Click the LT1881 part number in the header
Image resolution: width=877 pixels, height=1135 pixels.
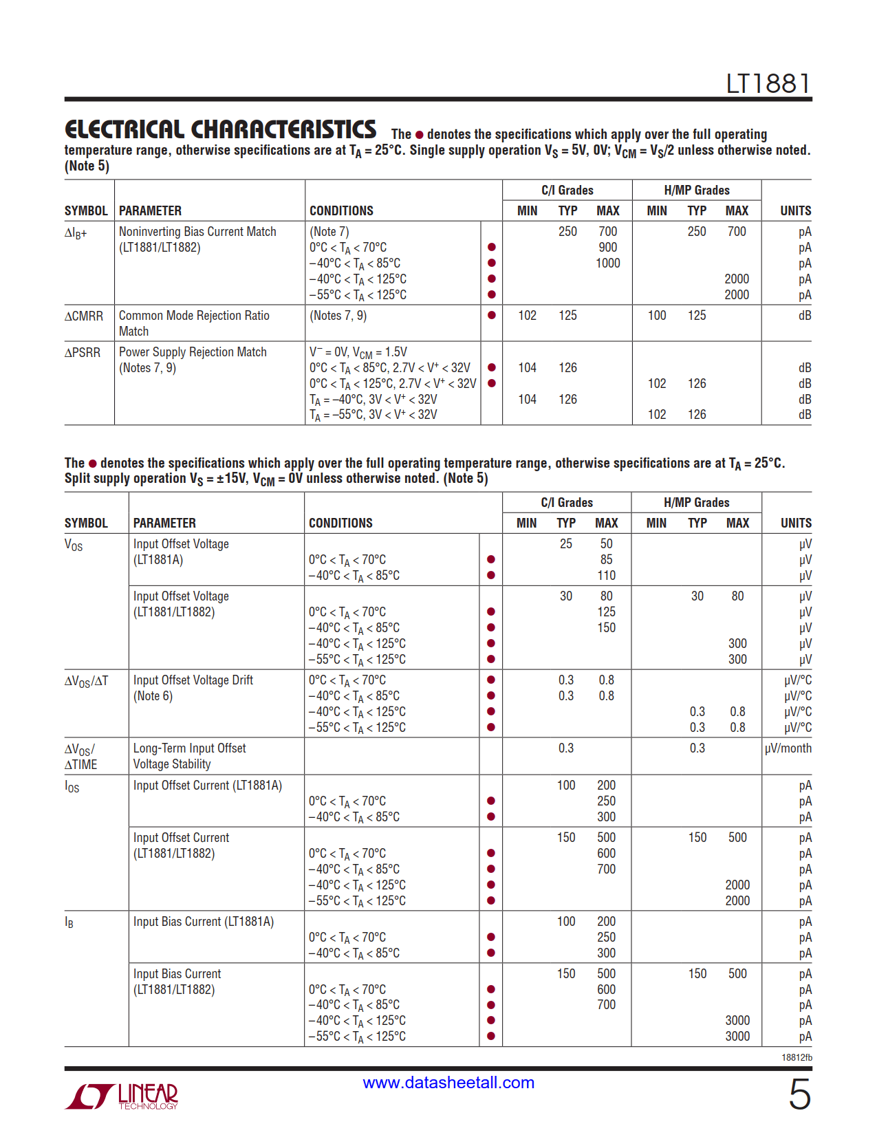coord(768,84)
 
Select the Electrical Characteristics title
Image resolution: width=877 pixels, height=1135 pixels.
coord(220,129)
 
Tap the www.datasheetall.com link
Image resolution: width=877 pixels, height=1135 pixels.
coord(448,1082)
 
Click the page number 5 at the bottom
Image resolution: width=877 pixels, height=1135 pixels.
coord(799,1094)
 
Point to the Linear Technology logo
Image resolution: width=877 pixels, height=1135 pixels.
coord(122,1096)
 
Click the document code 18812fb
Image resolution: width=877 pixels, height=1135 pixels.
coord(797,1057)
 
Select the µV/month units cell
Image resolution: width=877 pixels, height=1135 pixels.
coord(788,748)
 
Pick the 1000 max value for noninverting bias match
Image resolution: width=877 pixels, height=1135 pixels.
coord(607,263)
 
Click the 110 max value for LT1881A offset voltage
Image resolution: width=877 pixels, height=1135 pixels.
coord(606,576)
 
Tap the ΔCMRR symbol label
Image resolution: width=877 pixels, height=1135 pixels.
coord(84,316)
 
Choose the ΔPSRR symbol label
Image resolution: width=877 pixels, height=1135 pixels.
coord(83,352)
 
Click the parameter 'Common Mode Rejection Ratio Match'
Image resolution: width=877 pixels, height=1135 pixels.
coord(194,323)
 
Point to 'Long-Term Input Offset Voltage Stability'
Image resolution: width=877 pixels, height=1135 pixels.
coord(189,756)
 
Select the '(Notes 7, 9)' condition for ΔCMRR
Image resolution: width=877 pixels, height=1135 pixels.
coord(338,316)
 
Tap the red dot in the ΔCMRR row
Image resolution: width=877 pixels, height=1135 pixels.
coord(491,316)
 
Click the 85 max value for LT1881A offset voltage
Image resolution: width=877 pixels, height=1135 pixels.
coord(606,560)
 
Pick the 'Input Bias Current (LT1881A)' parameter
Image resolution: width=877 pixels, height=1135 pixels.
coord(204,922)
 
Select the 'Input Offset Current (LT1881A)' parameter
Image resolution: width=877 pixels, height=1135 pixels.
coord(208,786)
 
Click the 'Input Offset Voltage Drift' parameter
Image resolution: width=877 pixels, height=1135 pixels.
coord(193,680)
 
